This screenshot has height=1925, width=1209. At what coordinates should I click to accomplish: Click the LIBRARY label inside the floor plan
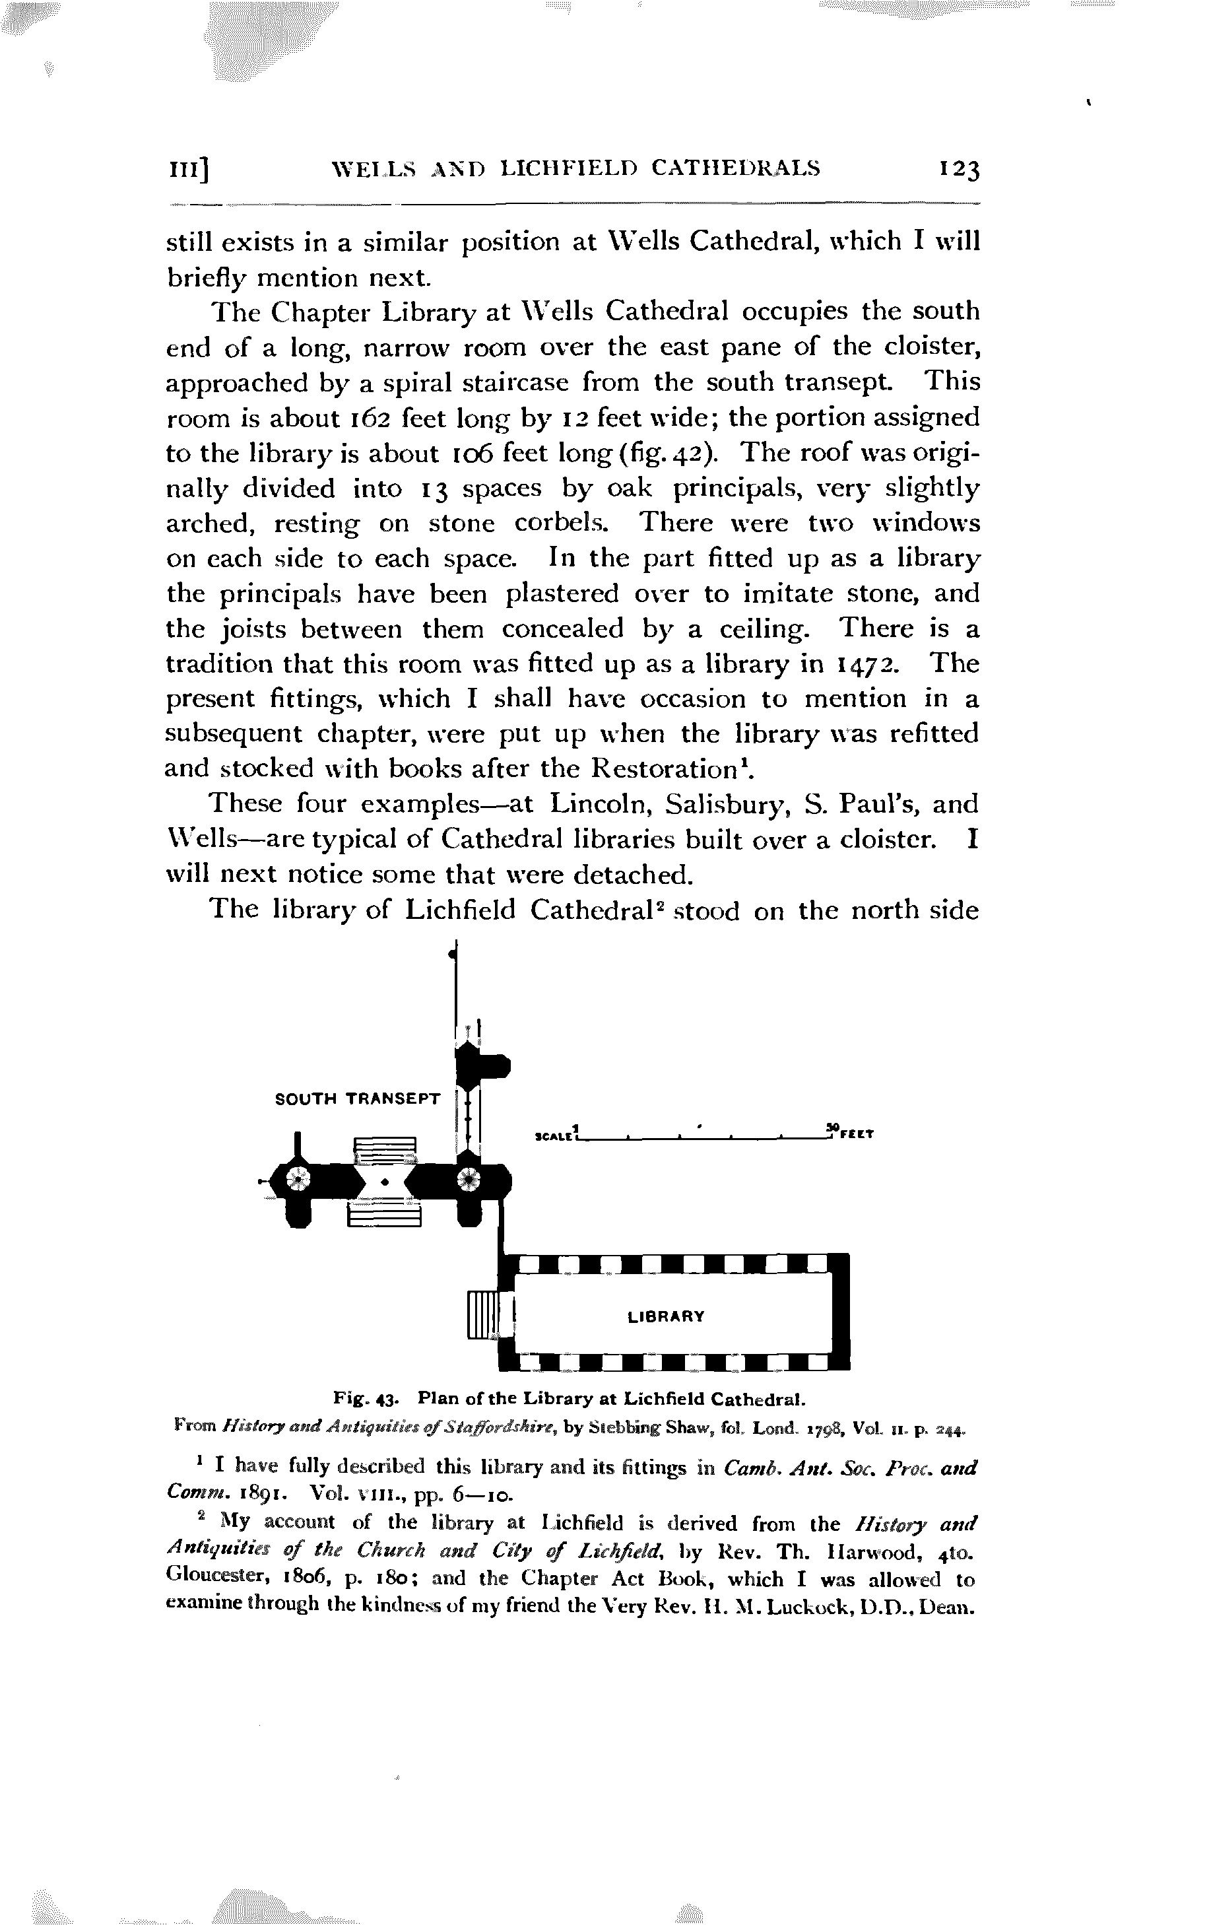click(666, 1316)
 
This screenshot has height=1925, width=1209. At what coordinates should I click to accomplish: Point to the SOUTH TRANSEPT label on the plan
click(357, 1098)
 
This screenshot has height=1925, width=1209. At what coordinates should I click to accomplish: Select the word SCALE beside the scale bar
click(553, 1134)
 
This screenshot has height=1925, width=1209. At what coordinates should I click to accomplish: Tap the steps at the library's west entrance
click(482, 1315)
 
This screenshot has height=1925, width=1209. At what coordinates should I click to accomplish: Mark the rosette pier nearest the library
click(469, 1178)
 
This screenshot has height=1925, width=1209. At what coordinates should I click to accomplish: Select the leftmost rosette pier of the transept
click(298, 1178)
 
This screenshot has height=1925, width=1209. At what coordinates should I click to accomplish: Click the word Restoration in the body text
click(663, 768)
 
